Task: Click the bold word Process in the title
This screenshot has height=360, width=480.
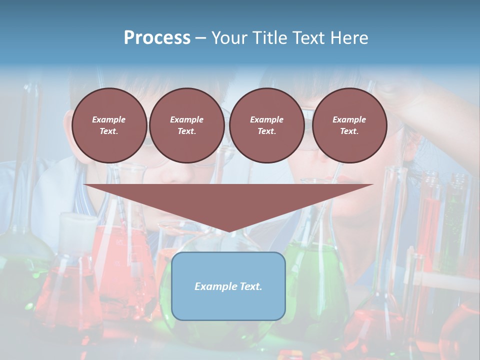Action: [157, 38]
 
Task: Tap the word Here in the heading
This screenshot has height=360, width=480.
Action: [348, 38]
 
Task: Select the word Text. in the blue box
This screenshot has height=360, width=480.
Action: [251, 286]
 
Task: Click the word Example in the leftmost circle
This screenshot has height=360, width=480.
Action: [109, 119]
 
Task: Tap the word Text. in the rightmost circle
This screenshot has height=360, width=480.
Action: [349, 131]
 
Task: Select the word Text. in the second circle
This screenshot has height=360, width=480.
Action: [186, 131]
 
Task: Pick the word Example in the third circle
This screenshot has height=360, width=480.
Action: [266, 119]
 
